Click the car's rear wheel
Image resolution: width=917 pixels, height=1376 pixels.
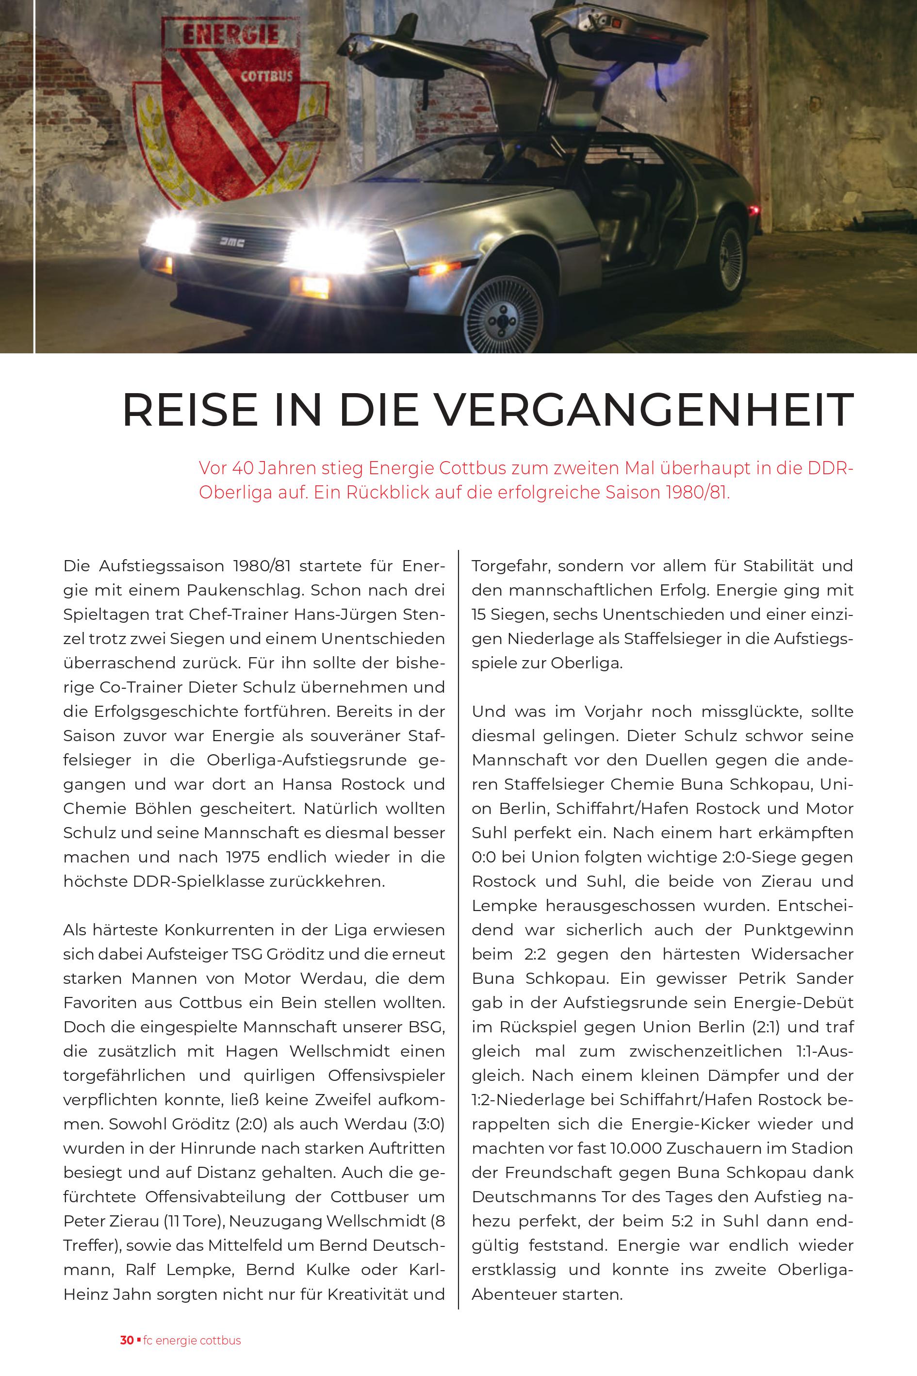pos(729,253)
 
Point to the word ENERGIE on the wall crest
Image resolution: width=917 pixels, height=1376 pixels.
pos(230,35)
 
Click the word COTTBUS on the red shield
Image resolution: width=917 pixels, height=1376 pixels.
pos(267,76)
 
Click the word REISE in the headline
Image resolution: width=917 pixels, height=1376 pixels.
pos(190,410)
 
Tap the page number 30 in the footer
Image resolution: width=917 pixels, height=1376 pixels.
pos(126,1340)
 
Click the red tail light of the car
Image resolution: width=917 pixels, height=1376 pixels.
pos(754,210)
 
